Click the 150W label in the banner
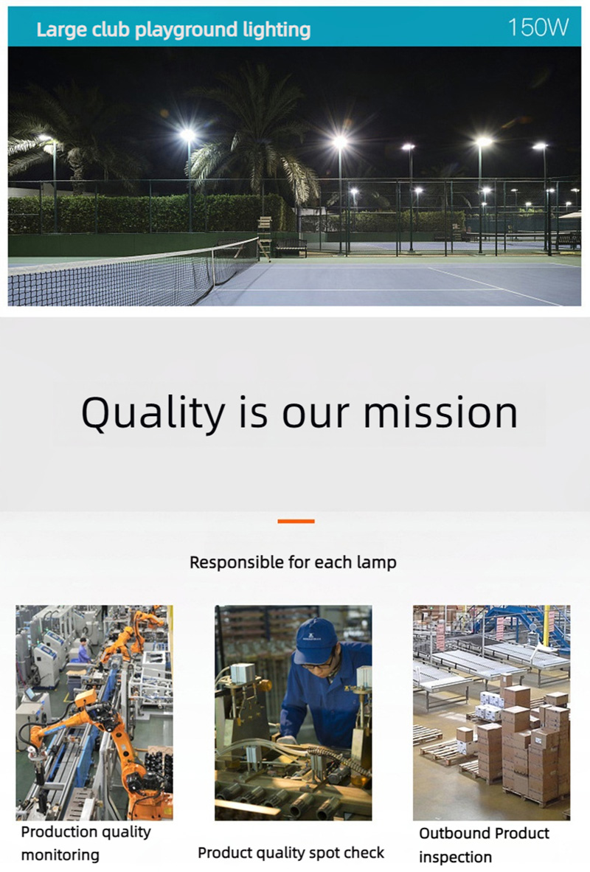(538, 27)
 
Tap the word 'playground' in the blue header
(179, 30)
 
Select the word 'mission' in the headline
(440, 412)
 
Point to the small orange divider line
(296, 521)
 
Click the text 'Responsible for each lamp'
(293, 562)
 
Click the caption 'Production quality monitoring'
(86, 843)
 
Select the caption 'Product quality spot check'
(291, 853)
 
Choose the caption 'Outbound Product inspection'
(484, 845)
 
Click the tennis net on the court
(133, 272)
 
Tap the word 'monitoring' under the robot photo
(60, 855)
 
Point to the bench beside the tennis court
(290, 248)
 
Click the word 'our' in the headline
(316, 415)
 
